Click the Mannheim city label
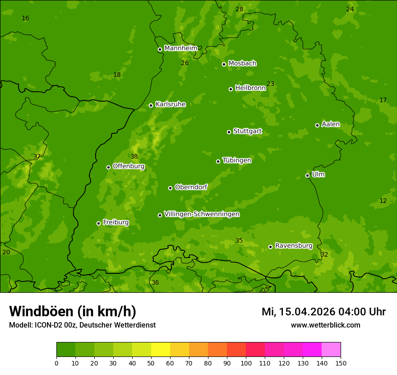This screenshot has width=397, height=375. tap(180, 48)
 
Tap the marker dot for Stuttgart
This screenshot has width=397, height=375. tap(229, 132)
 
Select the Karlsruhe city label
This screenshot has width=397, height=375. tap(170, 104)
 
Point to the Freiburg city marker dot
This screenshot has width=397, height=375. tap(98, 223)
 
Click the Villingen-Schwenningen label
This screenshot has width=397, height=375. tap(202, 214)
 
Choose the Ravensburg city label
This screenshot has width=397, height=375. tap(293, 245)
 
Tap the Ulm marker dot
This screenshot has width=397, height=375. tap(307, 175)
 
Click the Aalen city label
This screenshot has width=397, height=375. tap(330, 124)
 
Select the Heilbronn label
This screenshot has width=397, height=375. tap(250, 88)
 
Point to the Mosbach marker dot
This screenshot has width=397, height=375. tap(224, 64)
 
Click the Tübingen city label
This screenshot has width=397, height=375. tap(236, 160)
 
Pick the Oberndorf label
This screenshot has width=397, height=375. tap(191, 187)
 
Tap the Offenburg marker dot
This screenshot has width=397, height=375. tap(108, 167)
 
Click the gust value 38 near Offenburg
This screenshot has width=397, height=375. tap(134, 156)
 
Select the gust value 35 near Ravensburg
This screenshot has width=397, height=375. tap(239, 240)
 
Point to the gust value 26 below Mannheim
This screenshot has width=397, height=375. tap(185, 63)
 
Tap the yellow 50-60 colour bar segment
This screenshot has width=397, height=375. tap(161, 349)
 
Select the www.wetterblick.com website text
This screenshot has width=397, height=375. tap(325, 325)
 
